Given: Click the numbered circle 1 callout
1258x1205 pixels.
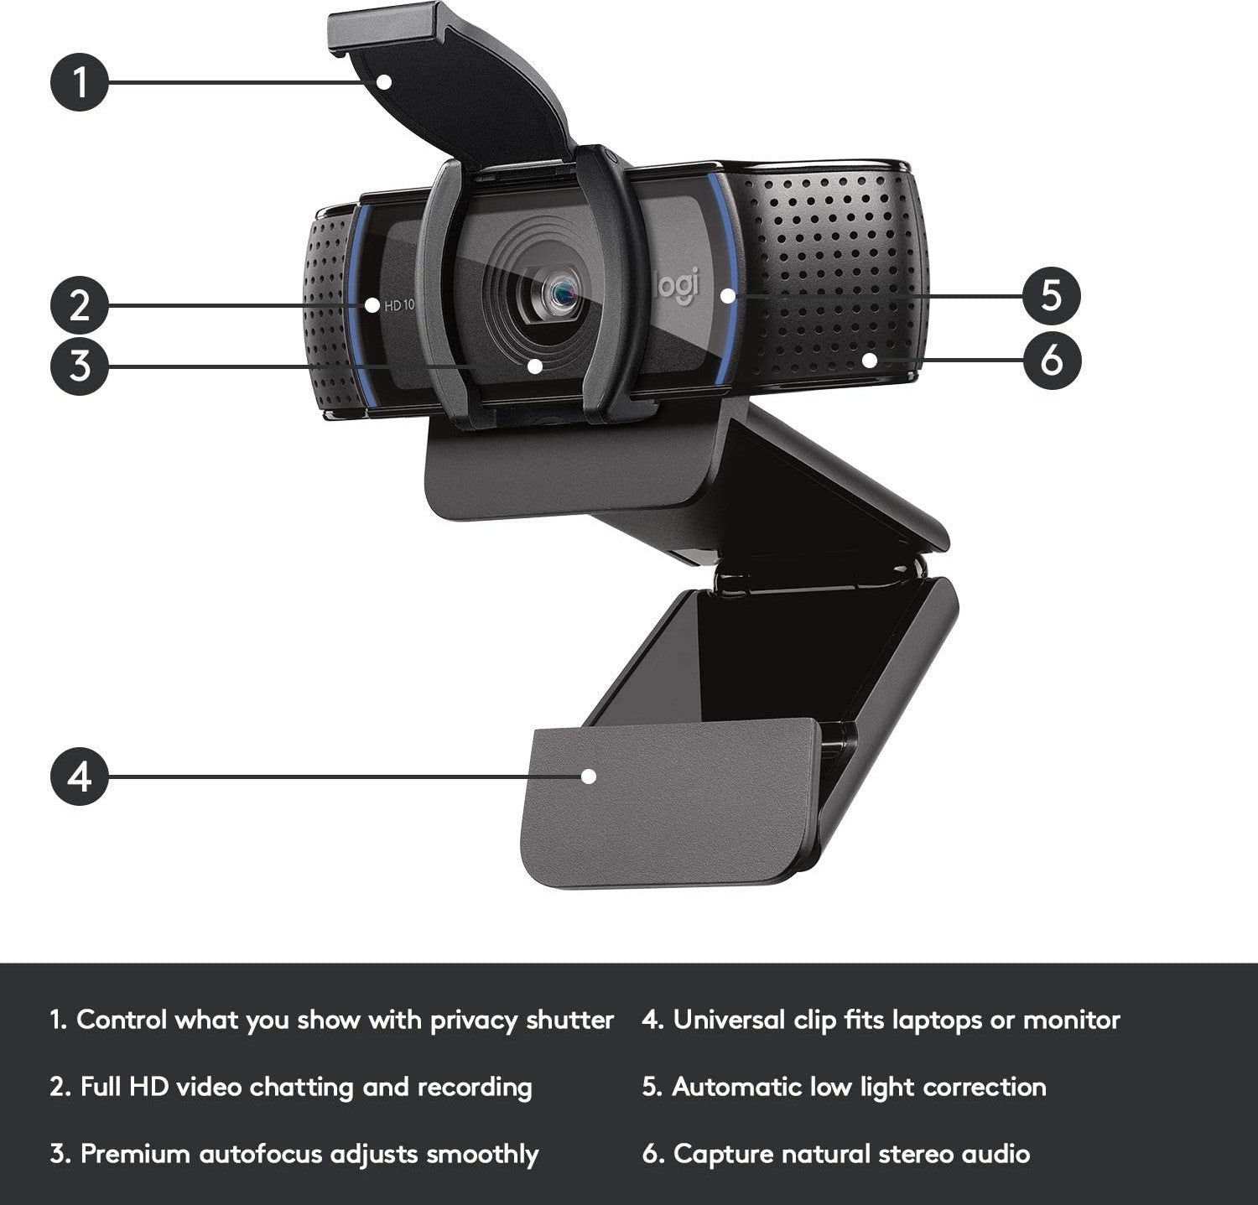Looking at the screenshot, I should point(80,82).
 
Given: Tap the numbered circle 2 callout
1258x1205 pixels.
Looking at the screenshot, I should point(80,305).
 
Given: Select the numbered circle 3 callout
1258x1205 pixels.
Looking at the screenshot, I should point(80,366).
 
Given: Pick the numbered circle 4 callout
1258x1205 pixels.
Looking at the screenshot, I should point(80,776).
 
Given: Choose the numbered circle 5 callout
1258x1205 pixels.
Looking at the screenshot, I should point(1052,295).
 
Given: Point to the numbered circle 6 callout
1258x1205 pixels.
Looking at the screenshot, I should point(1052,361).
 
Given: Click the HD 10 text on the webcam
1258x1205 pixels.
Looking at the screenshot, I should point(399,305).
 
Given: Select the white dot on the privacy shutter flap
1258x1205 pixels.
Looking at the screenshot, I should point(384,81).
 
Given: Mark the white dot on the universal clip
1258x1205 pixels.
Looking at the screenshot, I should point(589,776).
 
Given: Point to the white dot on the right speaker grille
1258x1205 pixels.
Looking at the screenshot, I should point(870,361).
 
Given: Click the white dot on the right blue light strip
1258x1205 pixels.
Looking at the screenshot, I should point(727,295).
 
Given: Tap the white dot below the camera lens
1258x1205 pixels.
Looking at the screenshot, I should point(534,366).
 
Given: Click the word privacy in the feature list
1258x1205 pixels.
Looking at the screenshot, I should point(475,1021).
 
